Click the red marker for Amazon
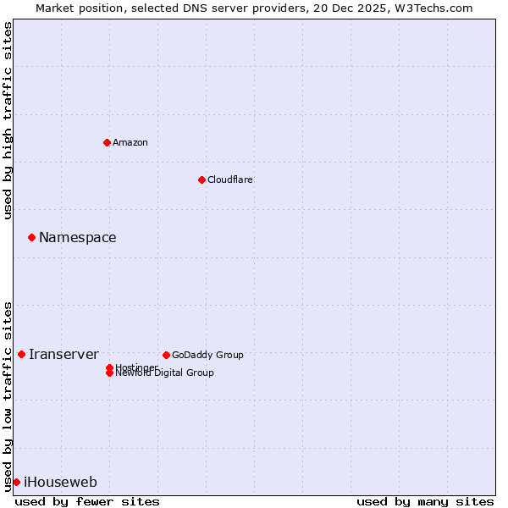(x=107, y=142)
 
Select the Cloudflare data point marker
(x=202, y=179)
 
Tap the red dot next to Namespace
(x=31, y=237)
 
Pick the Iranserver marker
(x=21, y=354)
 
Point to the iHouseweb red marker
(x=16, y=482)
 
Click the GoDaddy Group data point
(x=166, y=355)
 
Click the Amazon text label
(x=130, y=142)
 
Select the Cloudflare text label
(x=230, y=179)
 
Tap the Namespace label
(x=78, y=237)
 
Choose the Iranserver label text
(x=63, y=354)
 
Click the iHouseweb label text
(x=60, y=482)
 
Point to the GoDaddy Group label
(x=207, y=355)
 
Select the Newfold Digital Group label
(x=165, y=373)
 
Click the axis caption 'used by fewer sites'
(x=87, y=501)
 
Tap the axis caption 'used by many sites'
(x=425, y=501)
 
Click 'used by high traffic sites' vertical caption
(x=8, y=120)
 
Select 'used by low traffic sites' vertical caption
(x=8, y=396)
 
